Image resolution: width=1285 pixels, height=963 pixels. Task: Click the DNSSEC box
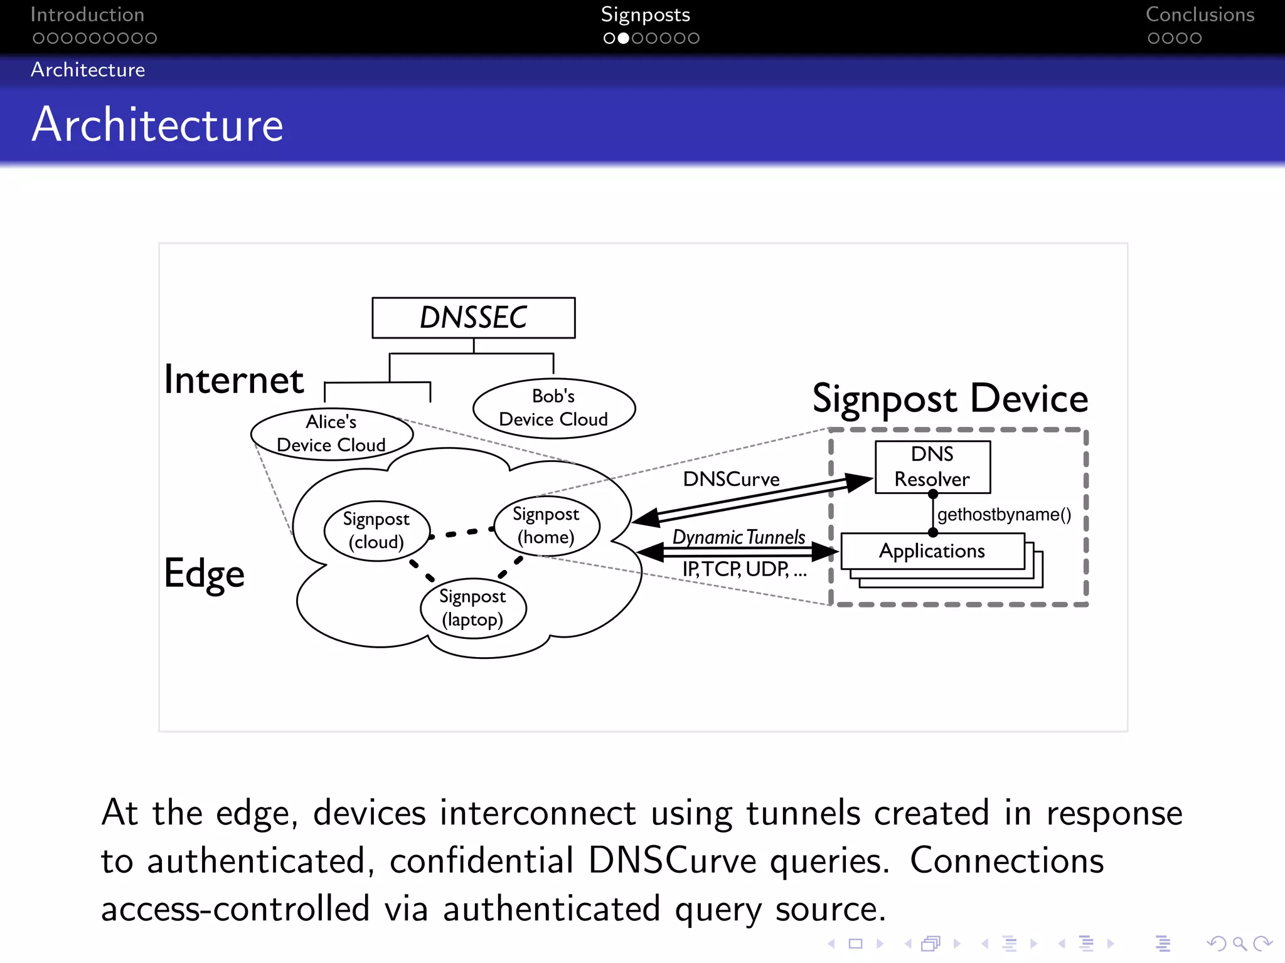tap(473, 318)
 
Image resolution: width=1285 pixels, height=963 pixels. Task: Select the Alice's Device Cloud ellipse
tap(331, 434)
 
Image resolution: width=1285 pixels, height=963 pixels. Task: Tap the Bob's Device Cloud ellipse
tap(553, 408)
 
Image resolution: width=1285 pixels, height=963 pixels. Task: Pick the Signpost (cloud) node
tap(376, 530)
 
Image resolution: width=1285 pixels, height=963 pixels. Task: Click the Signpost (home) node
tap(546, 525)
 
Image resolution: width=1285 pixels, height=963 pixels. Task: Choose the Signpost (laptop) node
tap(472, 608)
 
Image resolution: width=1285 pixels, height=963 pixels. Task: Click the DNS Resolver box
tap(932, 467)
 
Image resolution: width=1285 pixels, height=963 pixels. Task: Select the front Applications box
tap(932, 551)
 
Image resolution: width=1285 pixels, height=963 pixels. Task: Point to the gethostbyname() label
tap(1004, 515)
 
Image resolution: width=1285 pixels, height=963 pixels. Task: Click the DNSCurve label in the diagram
tap(731, 480)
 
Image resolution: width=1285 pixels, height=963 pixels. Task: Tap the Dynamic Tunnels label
tap(738, 537)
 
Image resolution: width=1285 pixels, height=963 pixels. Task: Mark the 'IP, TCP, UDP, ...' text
tap(744, 569)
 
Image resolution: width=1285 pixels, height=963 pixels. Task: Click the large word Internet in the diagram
tap(234, 380)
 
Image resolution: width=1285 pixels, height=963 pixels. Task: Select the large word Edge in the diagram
tap(205, 574)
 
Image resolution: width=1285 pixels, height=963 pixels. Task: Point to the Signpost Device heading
tap(950, 399)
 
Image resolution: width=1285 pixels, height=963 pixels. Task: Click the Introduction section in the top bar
tap(87, 15)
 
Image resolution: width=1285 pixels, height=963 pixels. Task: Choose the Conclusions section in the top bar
tap(1200, 15)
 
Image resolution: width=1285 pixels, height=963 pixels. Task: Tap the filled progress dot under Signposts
tap(623, 38)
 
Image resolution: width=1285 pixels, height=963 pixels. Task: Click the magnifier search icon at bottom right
tap(1239, 943)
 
